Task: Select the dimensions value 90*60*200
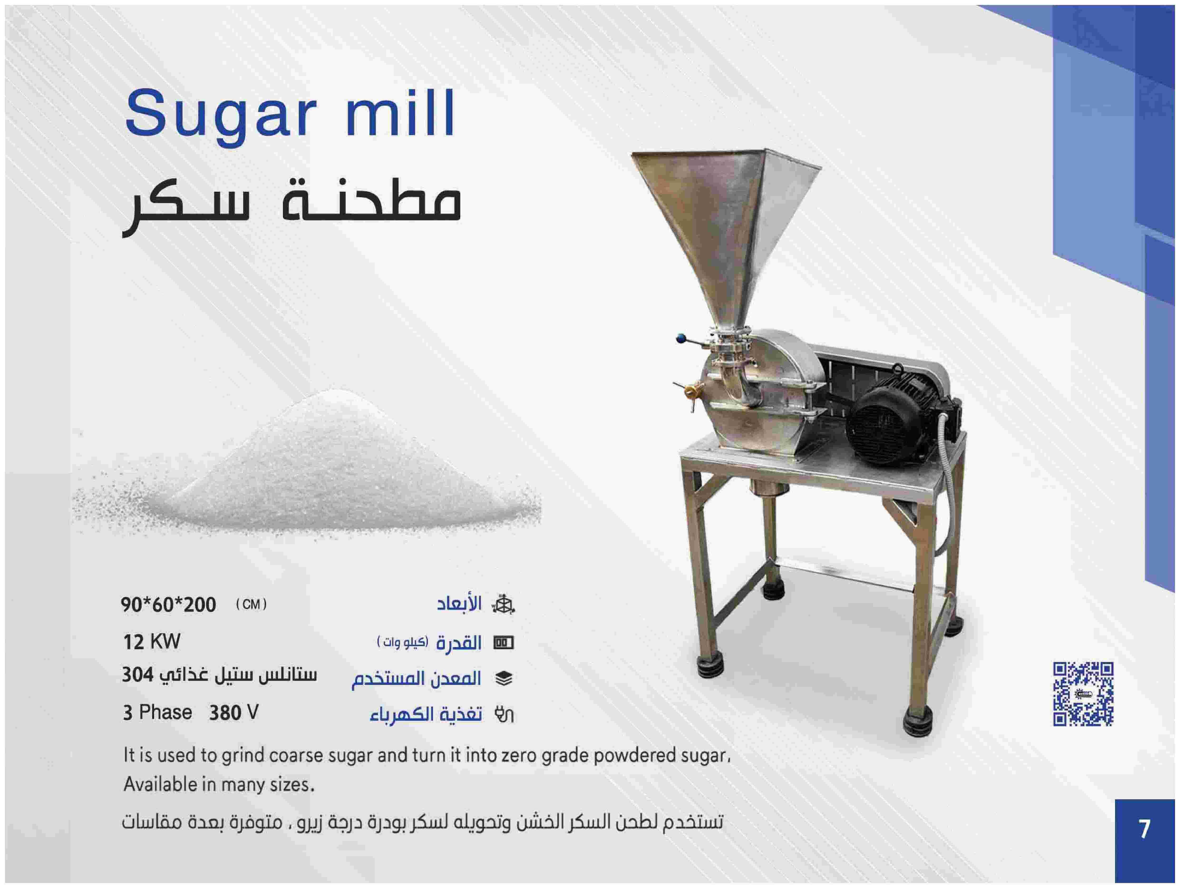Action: [169, 605]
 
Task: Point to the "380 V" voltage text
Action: [234, 712]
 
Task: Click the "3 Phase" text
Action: [157, 712]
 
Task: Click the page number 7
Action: [1144, 829]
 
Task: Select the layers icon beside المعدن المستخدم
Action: [504, 678]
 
